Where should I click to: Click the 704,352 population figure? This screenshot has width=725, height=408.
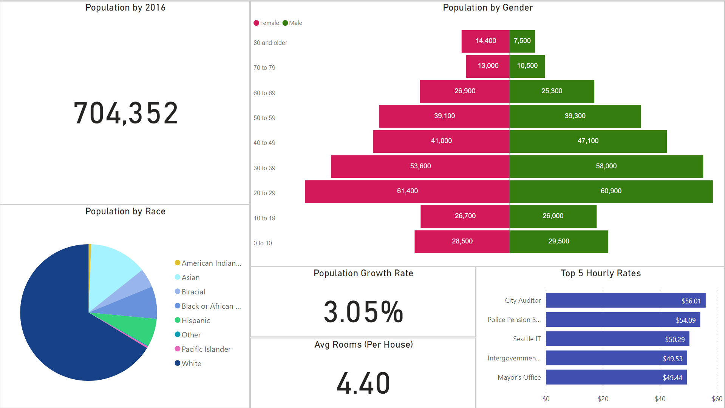click(x=125, y=113)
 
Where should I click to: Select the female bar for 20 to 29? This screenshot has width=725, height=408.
click(x=407, y=191)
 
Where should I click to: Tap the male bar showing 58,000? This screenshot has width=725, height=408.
click(x=606, y=166)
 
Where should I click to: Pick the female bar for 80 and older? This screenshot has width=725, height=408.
click(x=485, y=41)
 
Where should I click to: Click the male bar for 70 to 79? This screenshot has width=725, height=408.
click(x=527, y=66)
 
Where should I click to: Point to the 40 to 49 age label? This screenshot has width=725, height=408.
click(x=264, y=143)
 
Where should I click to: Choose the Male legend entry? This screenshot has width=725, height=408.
click(x=292, y=23)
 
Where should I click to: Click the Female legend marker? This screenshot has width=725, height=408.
click(x=257, y=23)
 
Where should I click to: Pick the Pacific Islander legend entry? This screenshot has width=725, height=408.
click(x=206, y=349)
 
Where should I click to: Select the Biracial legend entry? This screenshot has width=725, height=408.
click(x=193, y=292)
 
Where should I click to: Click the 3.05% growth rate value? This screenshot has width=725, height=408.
click(x=363, y=312)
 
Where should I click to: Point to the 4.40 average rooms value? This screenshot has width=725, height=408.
click(x=363, y=383)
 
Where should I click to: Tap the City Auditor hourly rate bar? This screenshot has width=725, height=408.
click(x=625, y=300)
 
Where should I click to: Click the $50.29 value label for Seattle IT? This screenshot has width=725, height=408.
click(x=675, y=339)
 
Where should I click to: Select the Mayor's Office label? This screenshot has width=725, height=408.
click(x=519, y=377)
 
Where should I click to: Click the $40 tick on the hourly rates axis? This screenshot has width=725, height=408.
click(x=660, y=399)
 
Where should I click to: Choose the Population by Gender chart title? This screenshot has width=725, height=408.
click(x=488, y=8)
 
